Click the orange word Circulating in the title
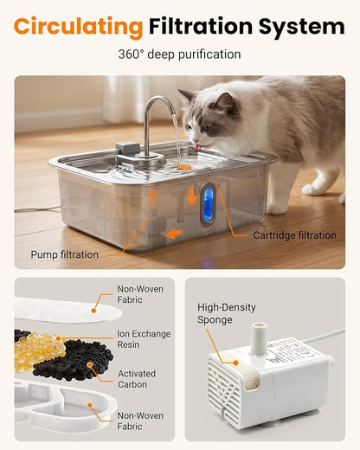pyautogui.click(x=78, y=27)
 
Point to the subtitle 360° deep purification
pyautogui.click(x=179, y=55)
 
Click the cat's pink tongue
pyautogui.click(x=198, y=147)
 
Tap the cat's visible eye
pyautogui.click(x=206, y=128)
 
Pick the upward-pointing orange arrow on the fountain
pyautogui.click(x=153, y=198)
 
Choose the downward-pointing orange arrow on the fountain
pyautogui.click(x=192, y=196)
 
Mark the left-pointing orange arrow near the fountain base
pyautogui.click(x=174, y=233)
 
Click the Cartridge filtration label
pyautogui.click(x=294, y=235)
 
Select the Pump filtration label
pyautogui.click(x=65, y=254)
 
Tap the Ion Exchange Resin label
pyautogui.click(x=144, y=339)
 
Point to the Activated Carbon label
pyautogui.click(x=137, y=379)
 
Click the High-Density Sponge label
pyautogui.click(x=227, y=313)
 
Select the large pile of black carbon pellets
pyautogui.click(x=74, y=360)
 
